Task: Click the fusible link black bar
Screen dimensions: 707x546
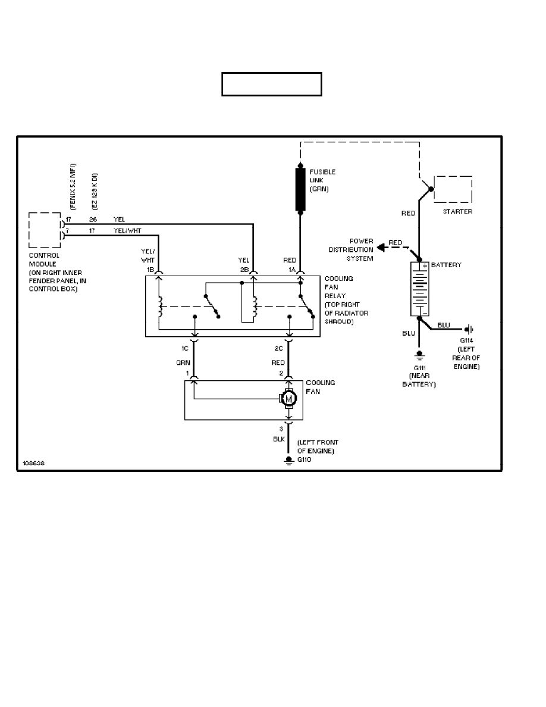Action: pos(300,189)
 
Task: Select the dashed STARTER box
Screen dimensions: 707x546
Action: pos(453,190)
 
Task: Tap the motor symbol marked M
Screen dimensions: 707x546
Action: pos(289,399)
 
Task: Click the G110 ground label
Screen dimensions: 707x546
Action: pos(305,459)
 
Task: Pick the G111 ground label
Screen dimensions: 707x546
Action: pos(419,368)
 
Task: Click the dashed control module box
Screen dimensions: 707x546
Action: pos(45,230)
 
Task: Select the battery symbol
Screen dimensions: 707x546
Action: pos(419,289)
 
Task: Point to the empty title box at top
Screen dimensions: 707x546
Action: pos(272,84)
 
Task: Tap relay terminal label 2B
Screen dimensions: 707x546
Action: pos(244,269)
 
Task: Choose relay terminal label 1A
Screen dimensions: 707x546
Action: pos(291,269)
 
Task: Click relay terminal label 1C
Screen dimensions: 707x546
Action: pos(186,348)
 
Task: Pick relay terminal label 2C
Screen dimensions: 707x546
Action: pos(280,348)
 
